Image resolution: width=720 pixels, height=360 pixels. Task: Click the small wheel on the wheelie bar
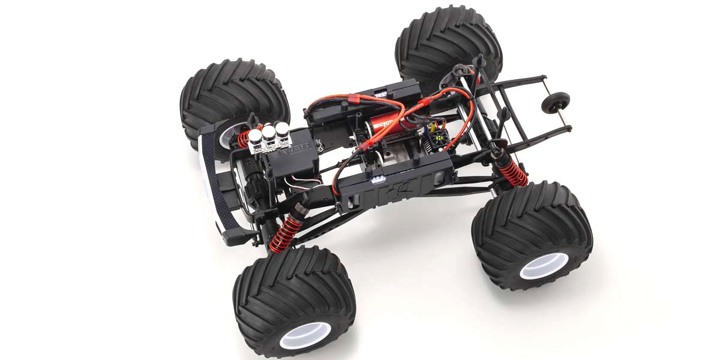[551, 103]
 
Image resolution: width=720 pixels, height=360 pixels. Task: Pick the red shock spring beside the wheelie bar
[513, 171]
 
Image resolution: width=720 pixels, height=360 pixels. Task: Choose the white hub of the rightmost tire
[543, 265]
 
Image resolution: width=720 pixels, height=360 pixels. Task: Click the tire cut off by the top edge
[449, 45]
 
